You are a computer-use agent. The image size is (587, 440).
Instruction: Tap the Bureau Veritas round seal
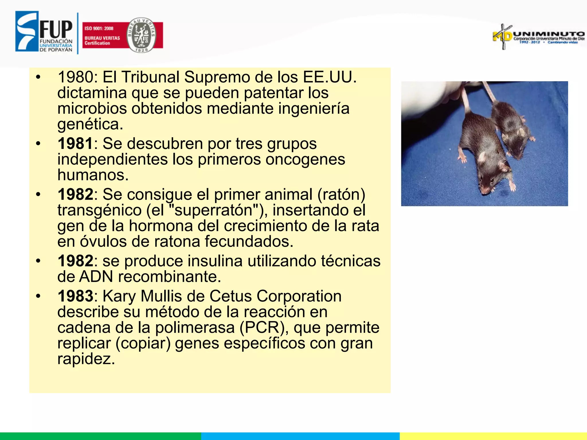coord(141,35)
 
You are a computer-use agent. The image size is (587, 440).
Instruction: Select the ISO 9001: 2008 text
coord(99,28)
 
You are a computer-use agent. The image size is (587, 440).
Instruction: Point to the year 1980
coord(75,77)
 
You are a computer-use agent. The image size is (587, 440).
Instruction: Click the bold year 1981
coord(75,143)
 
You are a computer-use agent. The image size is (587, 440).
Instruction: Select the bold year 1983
coord(75,296)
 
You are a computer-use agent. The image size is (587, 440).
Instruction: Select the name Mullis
coord(161,296)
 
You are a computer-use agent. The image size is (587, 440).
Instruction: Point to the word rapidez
coord(86,359)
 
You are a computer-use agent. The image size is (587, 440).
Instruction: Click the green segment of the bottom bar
coord(100,436)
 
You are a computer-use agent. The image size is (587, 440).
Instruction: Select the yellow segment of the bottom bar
coord(493,436)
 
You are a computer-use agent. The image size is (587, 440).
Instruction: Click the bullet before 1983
coord(38,296)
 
